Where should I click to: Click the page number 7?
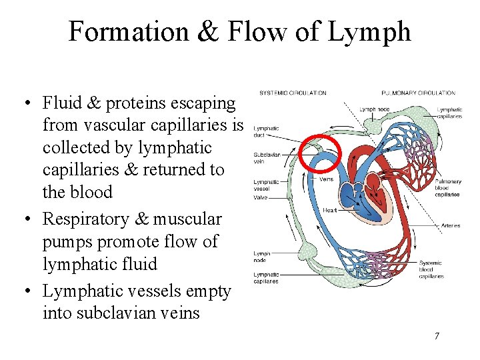[437, 335]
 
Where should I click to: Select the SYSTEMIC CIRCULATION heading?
[293, 93]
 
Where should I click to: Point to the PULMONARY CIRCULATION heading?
[418, 93]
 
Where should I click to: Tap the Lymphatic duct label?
[267, 131]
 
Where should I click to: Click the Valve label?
[261, 197]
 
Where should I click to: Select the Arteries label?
[451, 226]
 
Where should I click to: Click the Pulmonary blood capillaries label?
[447, 188]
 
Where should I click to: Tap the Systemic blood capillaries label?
[431, 269]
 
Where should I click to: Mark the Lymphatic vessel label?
[266, 185]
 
